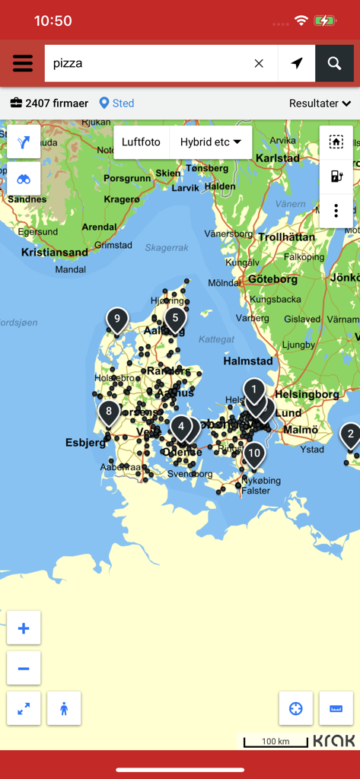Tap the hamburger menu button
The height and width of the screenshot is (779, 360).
coord(23,63)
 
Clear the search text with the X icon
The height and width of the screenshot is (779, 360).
coord(259,63)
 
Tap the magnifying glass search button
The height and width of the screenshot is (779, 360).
coord(334,63)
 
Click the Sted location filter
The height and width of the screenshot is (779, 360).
coord(116,103)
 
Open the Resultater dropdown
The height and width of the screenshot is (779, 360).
coord(320,103)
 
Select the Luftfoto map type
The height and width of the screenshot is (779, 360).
coord(141,142)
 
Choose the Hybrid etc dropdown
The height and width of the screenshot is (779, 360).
coord(210,142)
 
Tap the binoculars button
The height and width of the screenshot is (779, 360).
coord(24,179)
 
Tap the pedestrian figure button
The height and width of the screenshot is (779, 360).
coord(64,708)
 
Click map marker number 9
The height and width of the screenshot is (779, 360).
coord(116,320)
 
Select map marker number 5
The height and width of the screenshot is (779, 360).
coord(175,318)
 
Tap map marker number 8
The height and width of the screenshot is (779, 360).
coord(109,413)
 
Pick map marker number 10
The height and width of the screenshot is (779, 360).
coord(254,453)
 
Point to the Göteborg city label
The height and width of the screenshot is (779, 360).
coord(272,279)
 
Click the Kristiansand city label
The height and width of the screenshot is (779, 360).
coord(55,252)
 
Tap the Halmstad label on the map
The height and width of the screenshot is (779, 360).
coord(248,361)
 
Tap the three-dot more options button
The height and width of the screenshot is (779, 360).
coord(336,211)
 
